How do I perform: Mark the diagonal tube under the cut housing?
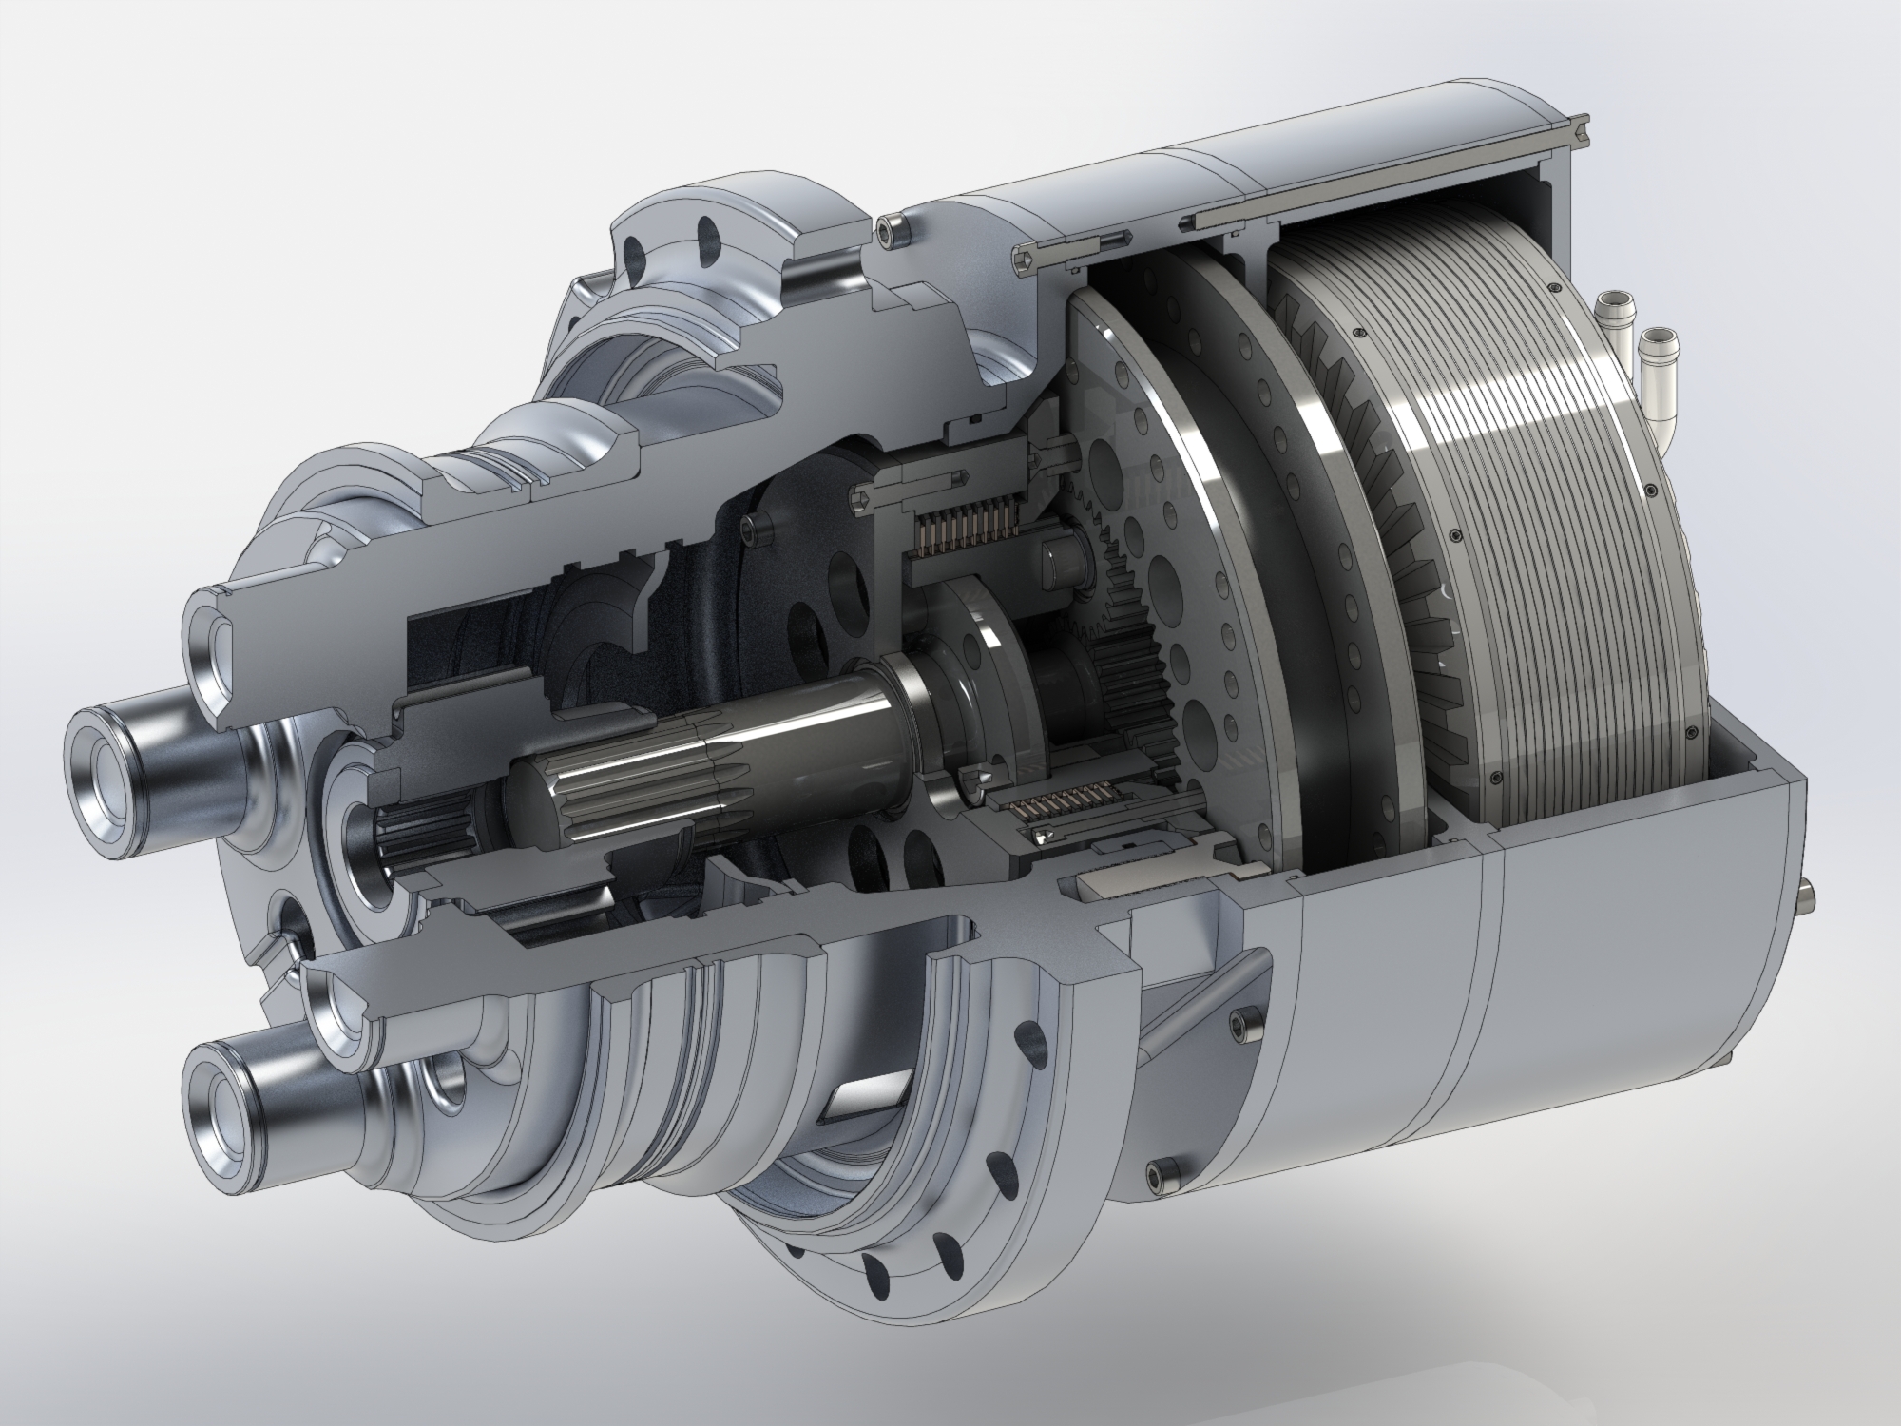[1207, 998]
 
